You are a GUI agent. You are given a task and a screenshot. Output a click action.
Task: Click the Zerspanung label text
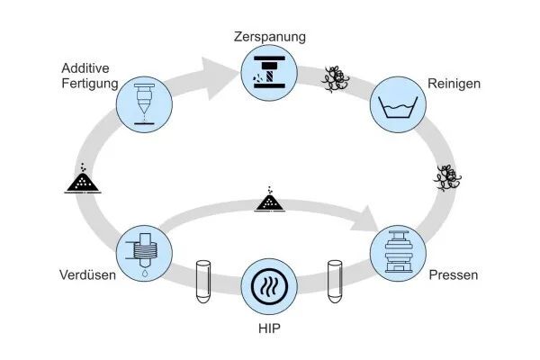click(270, 38)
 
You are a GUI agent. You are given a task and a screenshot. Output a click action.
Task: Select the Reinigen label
click(454, 84)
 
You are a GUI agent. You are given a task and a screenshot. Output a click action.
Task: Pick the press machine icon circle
click(397, 252)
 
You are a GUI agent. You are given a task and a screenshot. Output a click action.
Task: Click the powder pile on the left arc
click(84, 180)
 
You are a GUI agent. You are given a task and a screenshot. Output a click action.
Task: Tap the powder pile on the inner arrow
click(270, 200)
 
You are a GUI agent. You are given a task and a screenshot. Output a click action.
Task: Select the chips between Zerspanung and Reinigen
click(337, 79)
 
